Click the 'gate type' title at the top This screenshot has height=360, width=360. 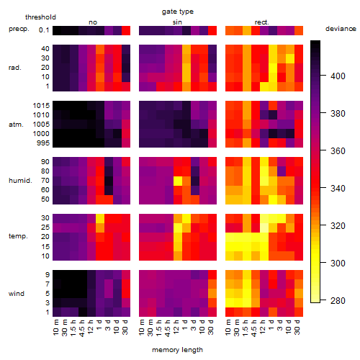pos(178,12)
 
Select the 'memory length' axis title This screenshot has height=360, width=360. pos(177,350)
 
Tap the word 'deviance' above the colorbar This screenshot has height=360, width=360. pos(341,29)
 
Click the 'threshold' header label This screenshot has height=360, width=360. pos(40,17)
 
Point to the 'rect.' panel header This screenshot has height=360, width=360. pos(262,22)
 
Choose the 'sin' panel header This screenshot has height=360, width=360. pos(177,22)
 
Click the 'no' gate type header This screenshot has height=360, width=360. pos(93,22)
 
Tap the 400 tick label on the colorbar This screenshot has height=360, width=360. pos(338,76)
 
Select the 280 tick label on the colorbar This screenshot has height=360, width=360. pos(338,300)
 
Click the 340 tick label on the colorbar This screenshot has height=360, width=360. pos(338,189)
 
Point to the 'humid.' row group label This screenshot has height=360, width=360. pos(20,181)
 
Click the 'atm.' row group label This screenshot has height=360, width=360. pos(16,125)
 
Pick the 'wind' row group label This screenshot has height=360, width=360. pos(17,294)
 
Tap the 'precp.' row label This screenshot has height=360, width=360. pos(19,29)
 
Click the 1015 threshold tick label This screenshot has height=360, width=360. pos(41,106)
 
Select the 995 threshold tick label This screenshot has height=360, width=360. pos(43,143)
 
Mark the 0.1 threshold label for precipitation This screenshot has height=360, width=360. pos(44,30)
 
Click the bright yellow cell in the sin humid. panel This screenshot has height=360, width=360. pos(178,181)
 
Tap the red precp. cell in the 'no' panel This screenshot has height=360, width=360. pos(126,31)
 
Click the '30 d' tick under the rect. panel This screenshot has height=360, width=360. pos(297,328)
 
